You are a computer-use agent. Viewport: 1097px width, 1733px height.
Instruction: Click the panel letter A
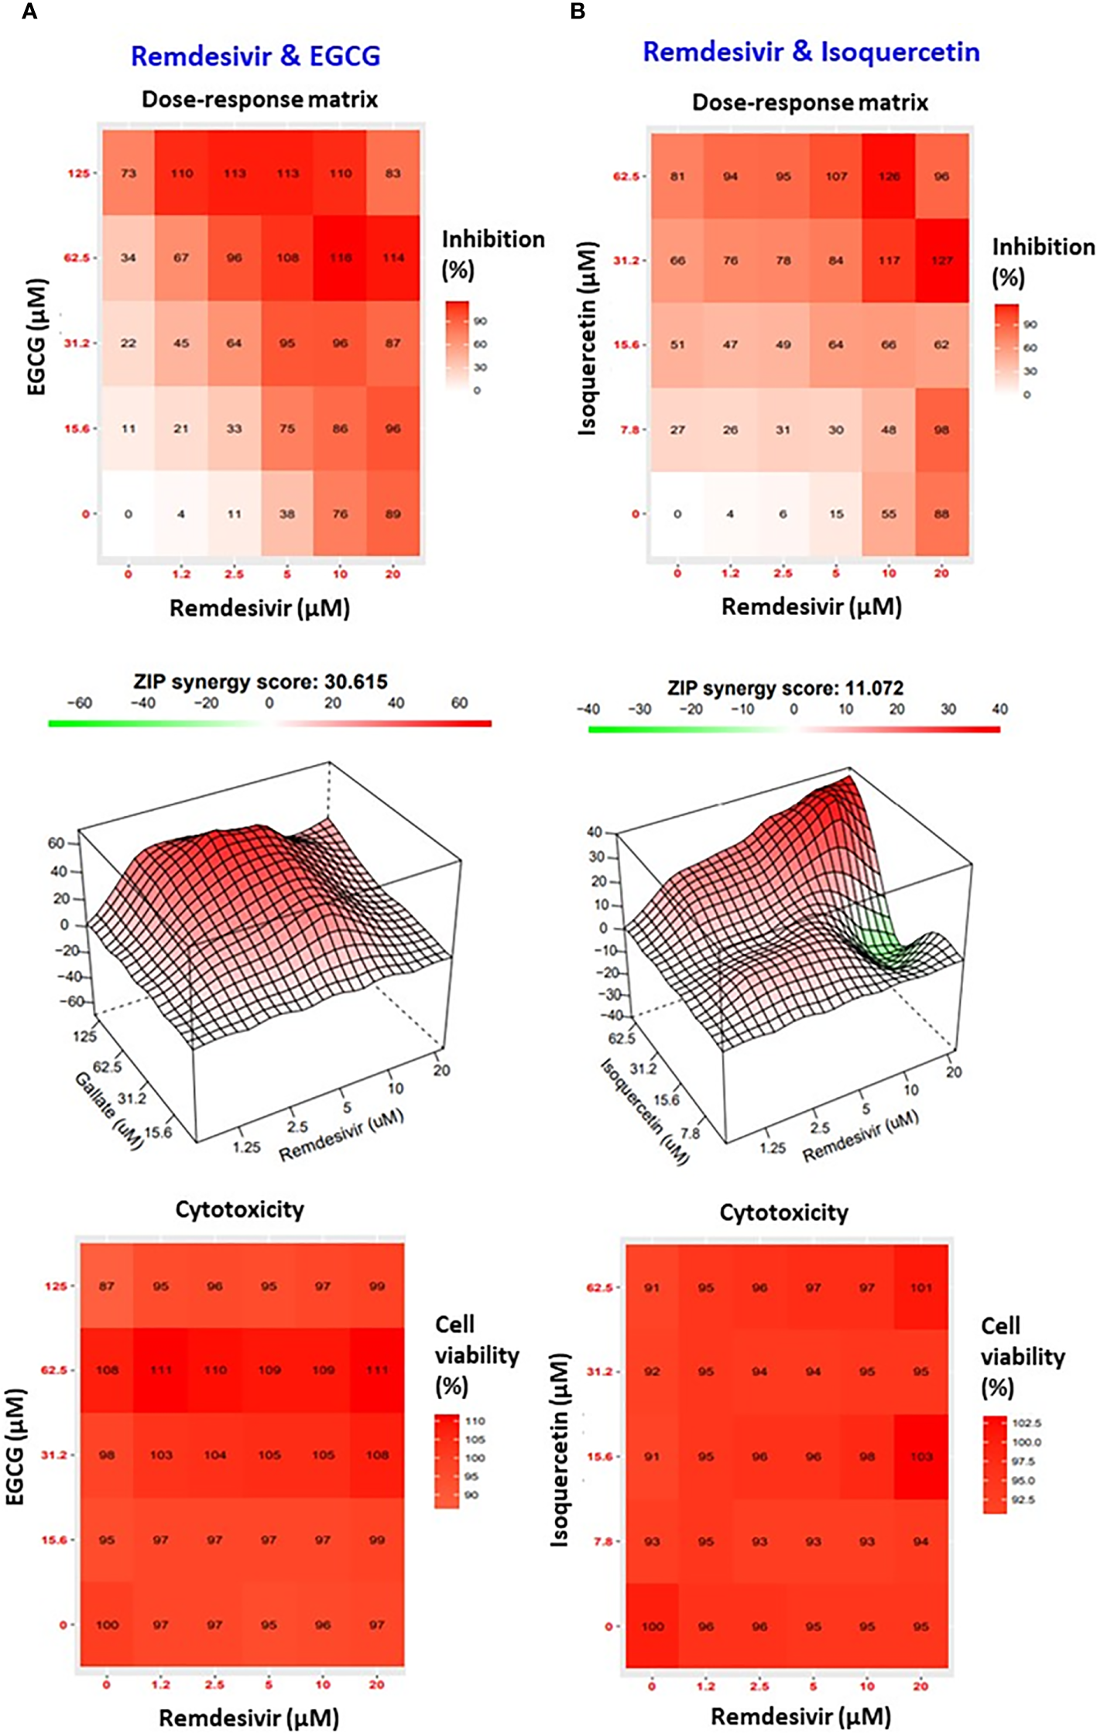(29, 12)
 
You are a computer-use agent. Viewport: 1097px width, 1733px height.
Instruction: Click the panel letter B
(578, 12)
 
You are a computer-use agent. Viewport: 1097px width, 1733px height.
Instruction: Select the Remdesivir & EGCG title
(255, 56)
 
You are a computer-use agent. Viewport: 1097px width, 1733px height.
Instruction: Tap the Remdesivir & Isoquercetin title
(811, 52)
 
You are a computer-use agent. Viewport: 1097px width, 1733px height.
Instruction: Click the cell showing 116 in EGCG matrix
(340, 258)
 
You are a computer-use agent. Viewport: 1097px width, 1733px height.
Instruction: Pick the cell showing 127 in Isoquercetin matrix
(941, 261)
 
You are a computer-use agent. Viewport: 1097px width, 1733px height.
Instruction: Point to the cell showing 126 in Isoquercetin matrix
(889, 176)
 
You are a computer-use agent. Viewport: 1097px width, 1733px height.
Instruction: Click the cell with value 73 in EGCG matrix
(128, 173)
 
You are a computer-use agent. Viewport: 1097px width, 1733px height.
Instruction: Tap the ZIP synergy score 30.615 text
(260, 682)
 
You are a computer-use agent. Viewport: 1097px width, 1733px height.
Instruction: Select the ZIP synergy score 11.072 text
(785, 688)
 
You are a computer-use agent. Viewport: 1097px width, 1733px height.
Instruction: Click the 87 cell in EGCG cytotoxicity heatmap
(107, 1287)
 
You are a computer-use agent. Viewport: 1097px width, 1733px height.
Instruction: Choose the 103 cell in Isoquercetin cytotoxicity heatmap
(920, 1457)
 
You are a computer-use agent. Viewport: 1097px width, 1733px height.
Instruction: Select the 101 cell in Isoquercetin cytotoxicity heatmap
(920, 1288)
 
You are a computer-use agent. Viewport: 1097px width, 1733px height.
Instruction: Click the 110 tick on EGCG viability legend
(475, 1421)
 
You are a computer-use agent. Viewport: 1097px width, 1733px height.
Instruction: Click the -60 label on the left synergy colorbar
(79, 703)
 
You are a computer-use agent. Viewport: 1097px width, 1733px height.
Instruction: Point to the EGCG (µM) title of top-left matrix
(36, 337)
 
